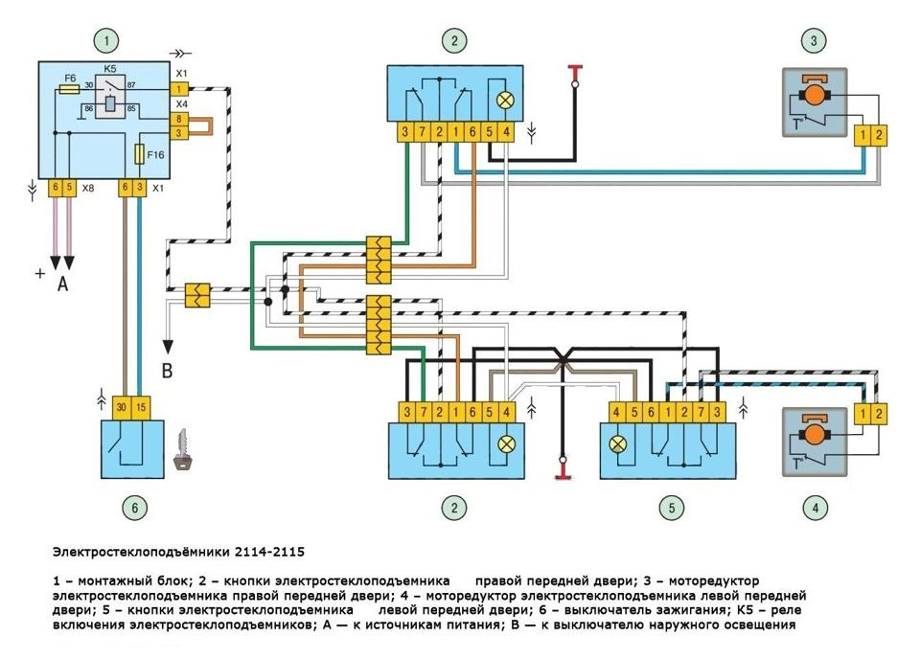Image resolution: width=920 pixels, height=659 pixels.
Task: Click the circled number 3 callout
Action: tap(814, 40)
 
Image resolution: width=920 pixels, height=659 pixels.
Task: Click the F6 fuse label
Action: tap(70, 77)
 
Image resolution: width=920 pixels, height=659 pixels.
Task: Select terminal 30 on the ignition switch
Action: tap(122, 407)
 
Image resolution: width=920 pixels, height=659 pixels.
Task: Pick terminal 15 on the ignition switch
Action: tap(141, 407)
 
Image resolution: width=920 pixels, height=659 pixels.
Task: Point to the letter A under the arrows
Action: tap(62, 284)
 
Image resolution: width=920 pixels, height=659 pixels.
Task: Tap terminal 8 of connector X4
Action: tap(178, 119)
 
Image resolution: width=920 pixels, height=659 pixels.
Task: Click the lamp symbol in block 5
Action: tap(618, 444)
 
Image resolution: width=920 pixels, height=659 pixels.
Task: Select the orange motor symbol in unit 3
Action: tap(814, 95)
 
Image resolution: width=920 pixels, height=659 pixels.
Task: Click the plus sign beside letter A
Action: tap(40, 273)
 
